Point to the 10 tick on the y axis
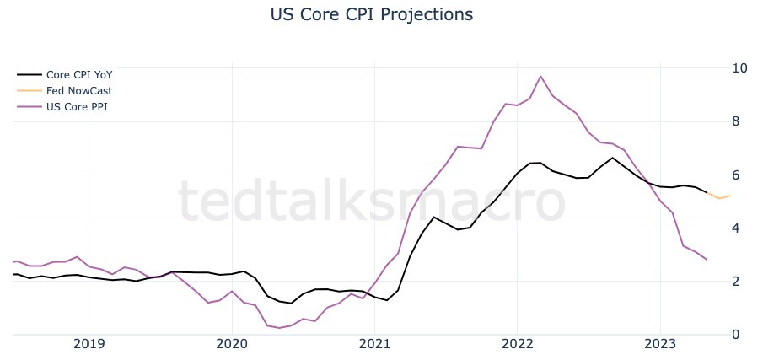(x=739, y=68)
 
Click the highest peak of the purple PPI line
(x=540, y=77)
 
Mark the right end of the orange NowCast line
(x=730, y=196)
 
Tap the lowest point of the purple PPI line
(x=279, y=327)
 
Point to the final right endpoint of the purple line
(x=707, y=260)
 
